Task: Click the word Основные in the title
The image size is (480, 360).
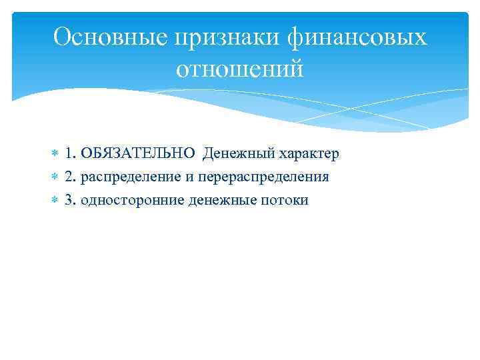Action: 109,38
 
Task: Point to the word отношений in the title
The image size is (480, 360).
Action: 240,68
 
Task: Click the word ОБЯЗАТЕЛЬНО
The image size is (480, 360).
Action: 139,154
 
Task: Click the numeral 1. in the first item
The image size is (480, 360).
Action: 70,154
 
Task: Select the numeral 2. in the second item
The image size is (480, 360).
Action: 70,177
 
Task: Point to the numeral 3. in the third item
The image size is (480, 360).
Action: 70,199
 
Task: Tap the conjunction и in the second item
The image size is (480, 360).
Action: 182,177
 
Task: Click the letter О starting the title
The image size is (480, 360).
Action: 61,38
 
